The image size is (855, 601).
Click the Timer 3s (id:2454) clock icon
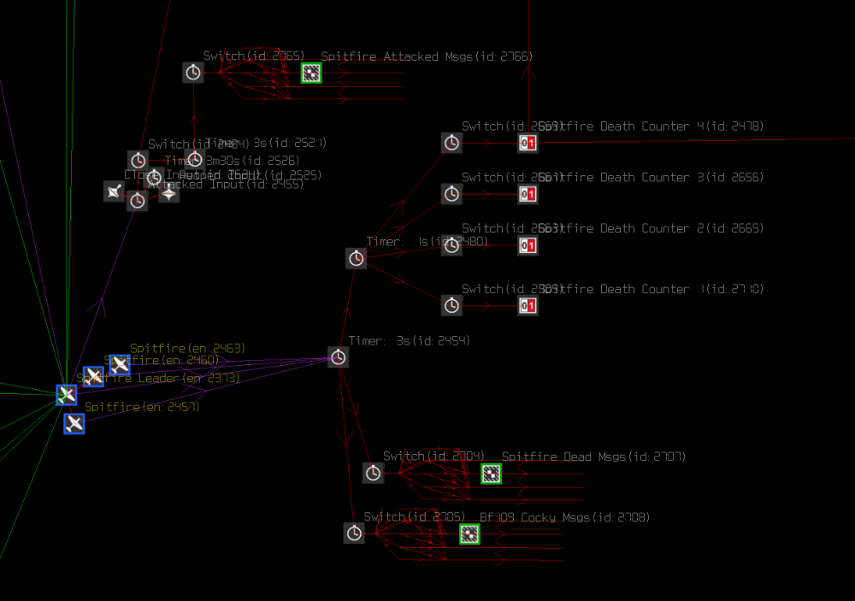click(x=338, y=357)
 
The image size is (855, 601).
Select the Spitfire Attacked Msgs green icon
click(x=311, y=74)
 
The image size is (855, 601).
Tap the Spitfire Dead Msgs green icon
click(x=491, y=474)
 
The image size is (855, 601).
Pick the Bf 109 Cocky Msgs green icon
click(x=469, y=534)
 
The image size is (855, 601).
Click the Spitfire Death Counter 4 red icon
click(x=528, y=143)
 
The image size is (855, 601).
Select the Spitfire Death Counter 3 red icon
click(x=528, y=194)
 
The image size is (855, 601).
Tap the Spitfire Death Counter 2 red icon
click(x=528, y=246)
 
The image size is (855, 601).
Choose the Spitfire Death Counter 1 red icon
click(x=528, y=305)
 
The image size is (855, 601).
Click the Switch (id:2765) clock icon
click(x=194, y=73)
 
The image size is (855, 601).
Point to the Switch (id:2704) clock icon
click(x=373, y=473)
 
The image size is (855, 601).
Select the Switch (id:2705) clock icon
click(x=354, y=533)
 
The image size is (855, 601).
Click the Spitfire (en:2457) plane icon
click(x=74, y=423)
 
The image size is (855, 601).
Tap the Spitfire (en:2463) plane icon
click(x=120, y=365)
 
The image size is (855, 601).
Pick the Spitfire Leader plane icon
click(x=67, y=394)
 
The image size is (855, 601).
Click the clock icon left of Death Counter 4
click(x=451, y=143)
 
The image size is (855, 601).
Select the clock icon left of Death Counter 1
click(x=451, y=305)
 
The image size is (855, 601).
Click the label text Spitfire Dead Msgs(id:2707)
click(x=593, y=457)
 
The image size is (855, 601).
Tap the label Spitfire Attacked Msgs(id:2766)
click(x=427, y=56)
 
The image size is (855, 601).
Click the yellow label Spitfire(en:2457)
click(x=142, y=407)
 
